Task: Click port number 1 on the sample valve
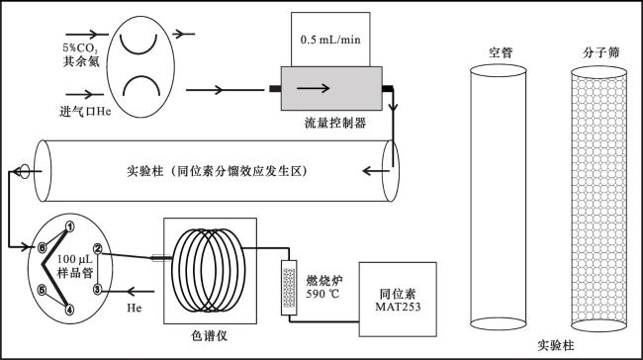(70, 225)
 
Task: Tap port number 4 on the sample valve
(70, 310)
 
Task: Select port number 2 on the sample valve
(98, 248)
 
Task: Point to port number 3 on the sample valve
(98, 290)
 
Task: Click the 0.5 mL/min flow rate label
(330, 40)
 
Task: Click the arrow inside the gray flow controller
(313, 88)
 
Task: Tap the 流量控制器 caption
(335, 123)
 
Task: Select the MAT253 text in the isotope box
(398, 307)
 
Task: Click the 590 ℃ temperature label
(322, 294)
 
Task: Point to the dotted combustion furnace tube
(289, 288)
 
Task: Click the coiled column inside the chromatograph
(208, 270)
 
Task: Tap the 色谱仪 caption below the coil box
(209, 336)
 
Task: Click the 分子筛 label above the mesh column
(600, 52)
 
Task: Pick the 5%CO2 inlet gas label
(80, 48)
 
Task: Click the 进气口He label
(85, 111)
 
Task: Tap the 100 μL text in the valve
(74, 259)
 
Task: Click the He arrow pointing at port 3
(140, 292)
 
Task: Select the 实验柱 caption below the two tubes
(556, 345)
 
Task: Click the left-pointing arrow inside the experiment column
(375, 170)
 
